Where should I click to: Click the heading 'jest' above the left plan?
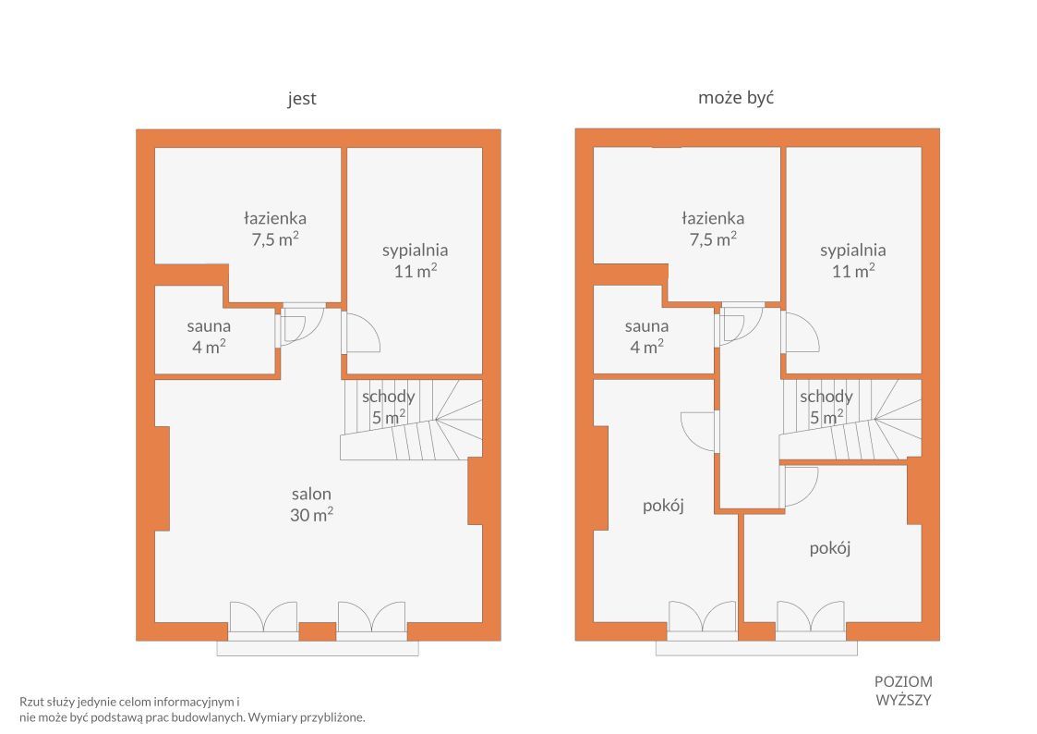tap(302, 99)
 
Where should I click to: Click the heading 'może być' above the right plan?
tap(736, 98)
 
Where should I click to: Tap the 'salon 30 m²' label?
tap(311, 505)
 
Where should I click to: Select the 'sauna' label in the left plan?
tap(209, 326)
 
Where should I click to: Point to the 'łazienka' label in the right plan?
tap(713, 218)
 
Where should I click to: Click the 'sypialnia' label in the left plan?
tap(416, 251)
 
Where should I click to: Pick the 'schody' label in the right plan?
tap(826, 397)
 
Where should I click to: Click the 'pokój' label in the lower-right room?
tap(830, 548)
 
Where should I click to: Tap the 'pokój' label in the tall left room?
tap(663, 506)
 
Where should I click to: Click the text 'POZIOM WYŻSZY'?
tap(903, 691)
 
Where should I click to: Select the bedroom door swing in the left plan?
tap(361, 332)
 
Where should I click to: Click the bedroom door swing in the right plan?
tap(801, 332)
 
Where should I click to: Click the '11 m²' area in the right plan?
tap(853, 271)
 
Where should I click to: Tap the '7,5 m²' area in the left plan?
tap(275, 239)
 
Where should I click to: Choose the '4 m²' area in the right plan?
tap(646, 347)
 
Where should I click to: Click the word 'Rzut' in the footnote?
tap(31, 702)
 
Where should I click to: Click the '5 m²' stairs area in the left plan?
tap(389, 418)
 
